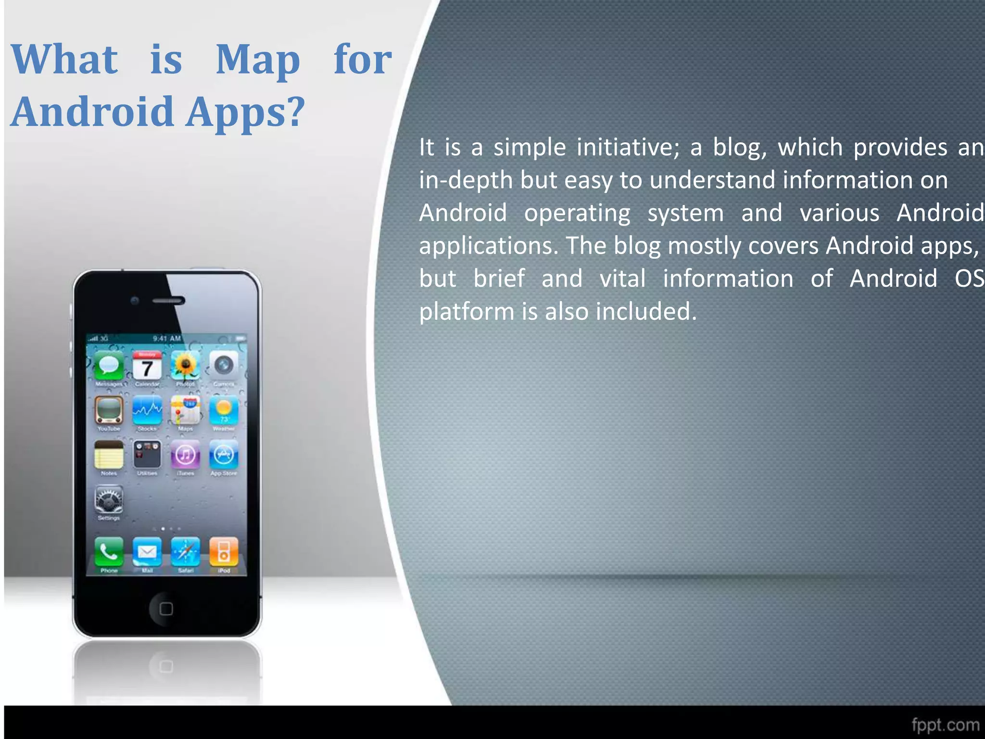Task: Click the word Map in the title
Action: pos(258,61)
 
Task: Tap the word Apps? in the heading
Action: pos(245,112)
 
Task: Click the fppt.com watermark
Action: pos(945,725)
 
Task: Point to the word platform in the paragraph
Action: pos(467,312)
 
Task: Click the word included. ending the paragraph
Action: pos(646,312)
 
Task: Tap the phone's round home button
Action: pos(166,609)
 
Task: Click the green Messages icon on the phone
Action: pos(109,366)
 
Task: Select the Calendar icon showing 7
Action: pos(147,366)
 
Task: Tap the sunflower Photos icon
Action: pos(185,366)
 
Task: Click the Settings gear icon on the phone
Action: pos(109,500)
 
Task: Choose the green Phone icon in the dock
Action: pos(109,552)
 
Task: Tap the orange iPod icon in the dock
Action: pos(224,552)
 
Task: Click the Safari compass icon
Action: pos(185,552)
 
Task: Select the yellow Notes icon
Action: pos(109,455)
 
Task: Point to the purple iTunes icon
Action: pos(185,455)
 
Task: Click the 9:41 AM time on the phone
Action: pos(166,339)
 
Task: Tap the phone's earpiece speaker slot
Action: pos(168,301)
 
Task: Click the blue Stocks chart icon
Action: pos(147,410)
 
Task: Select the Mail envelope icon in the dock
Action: pos(147,552)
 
